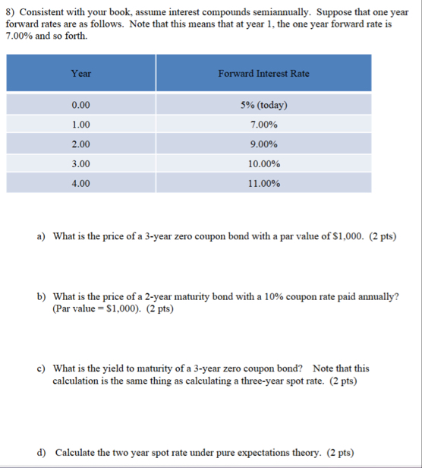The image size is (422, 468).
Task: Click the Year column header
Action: [80, 74]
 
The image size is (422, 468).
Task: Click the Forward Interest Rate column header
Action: [263, 74]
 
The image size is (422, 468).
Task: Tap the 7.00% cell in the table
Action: [263, 124]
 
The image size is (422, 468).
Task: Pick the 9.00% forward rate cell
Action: [263, 144]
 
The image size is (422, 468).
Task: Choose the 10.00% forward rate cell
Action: [263, 163]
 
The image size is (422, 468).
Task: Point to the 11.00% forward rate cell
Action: [263, 183]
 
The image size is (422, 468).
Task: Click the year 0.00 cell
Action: [80, 105]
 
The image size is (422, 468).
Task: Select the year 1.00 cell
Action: [80, 124]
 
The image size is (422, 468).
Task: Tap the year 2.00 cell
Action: [80, 144]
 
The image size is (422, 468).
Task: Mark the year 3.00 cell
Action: [80, 163]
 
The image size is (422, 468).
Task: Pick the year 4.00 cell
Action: [80, 183]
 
